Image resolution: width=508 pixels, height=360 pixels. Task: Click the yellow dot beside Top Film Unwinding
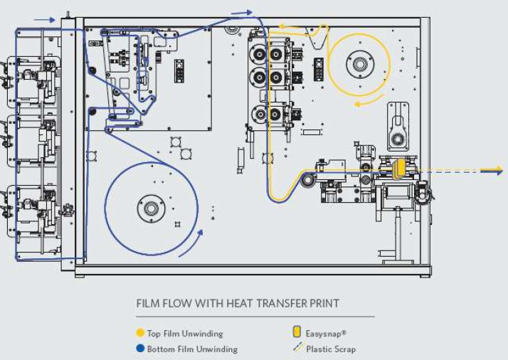pyautogui.click(x=140, y=333)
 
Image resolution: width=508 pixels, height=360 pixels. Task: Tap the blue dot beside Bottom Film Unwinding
pyautogui.click(x=140, y=349)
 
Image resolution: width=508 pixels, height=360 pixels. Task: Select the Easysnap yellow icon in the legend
pyautogui.click(x=297, y=332)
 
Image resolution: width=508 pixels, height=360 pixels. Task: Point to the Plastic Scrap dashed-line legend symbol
pyautogui.click(x=297, y=347)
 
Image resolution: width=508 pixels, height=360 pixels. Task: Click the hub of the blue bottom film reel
pyautogui.click(x=151, y=208)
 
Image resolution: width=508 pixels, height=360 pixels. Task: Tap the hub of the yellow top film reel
pyautogui.click(x=360, y=64)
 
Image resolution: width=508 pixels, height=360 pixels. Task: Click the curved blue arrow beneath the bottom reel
pyautogui.click(x=191, y=243)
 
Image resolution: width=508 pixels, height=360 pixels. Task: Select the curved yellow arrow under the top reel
pyautogui.click(x=369, y=101)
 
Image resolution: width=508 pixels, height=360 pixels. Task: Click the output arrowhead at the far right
pyautogui.click(x=492, y=171)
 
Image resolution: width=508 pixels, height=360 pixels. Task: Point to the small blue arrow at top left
pyautogui.click(x=44, y=20)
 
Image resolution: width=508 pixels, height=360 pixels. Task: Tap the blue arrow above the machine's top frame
pyautogui.click(x=242, y=13)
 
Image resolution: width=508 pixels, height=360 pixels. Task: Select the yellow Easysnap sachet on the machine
pyautogui.click(x=398, y=169)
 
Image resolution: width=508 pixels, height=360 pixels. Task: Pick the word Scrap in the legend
pyautogui.click(x=344, y=349)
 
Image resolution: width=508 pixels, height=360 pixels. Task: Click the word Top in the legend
pyautogui.click(x=154, y=334)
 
